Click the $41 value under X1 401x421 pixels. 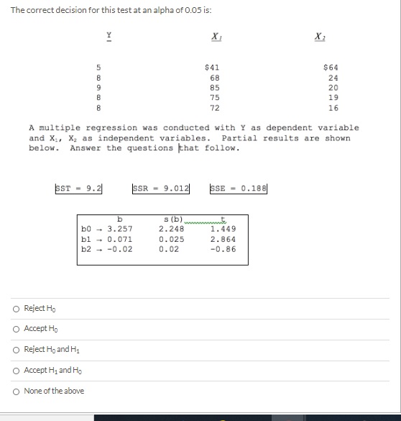[213, 68]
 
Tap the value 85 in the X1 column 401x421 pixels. [214, 88]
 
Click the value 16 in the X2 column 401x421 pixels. [333, 108]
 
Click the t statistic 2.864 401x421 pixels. [222, 239]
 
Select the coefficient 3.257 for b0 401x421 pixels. [119, 229]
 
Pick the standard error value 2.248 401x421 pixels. [171, 229]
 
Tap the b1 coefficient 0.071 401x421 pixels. [119, 239]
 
